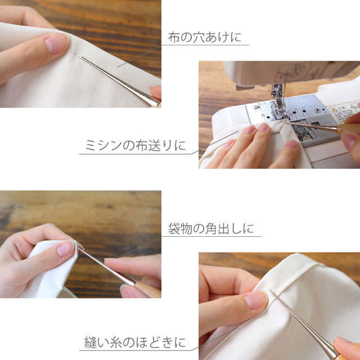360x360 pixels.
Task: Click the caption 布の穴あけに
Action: click(205, 38)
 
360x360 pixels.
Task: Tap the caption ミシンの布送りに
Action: click(136, 145)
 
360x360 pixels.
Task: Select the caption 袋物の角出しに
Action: click(211, 228)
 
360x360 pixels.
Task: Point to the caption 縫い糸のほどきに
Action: click(135, 342)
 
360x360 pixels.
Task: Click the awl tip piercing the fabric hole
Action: click(77, 55)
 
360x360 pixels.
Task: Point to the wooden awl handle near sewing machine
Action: click(348, 129)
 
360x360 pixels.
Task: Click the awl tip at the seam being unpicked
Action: click(271, 291)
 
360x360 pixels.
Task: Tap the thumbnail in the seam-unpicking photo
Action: click(255, 300)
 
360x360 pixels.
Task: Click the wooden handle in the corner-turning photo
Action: click(148, 290)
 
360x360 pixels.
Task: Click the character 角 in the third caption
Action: click(211, 228)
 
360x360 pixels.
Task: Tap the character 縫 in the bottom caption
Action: click(91, 342)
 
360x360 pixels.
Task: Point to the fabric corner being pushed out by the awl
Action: click(77, 244)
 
